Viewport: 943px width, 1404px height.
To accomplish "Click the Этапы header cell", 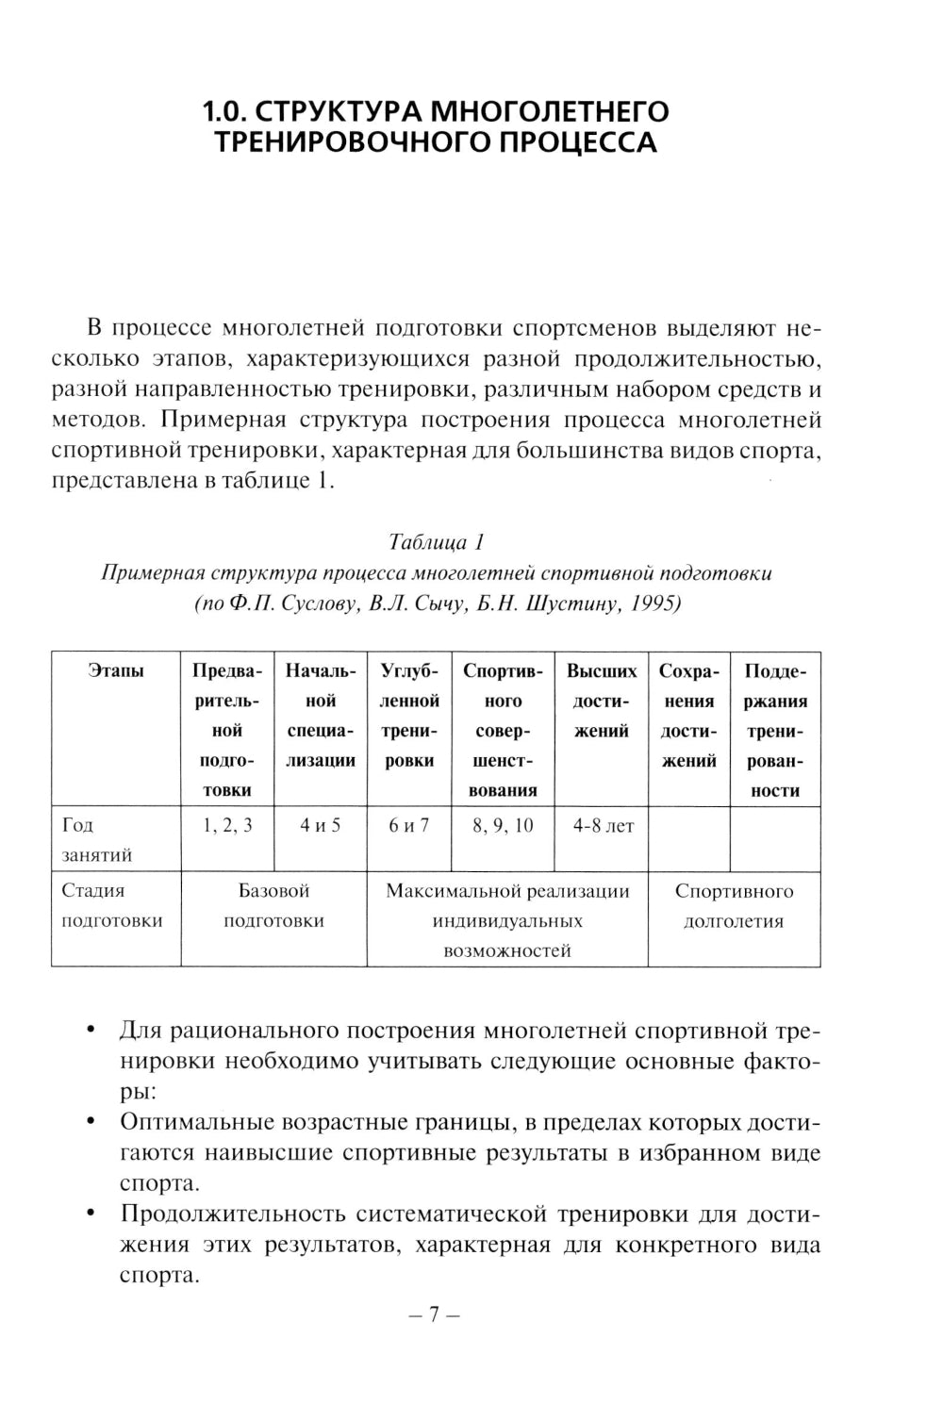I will click(x=116, y=671).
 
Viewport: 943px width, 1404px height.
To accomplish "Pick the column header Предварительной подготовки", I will click(x=227, y=731).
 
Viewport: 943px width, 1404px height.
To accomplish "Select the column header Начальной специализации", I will click(x=321, y=716).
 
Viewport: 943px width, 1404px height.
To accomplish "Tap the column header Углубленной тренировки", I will click(x=409, y=716).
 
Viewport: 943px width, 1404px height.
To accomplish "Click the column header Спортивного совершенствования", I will click(x=503, y=731).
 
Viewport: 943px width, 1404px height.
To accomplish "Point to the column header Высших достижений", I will click(x=601, y=701).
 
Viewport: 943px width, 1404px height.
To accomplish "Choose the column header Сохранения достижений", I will click(x=689, y=716).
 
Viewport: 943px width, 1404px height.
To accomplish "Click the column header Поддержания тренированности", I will click(x=775, y=731).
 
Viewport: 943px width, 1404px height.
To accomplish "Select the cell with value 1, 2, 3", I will click(x=227, y=826).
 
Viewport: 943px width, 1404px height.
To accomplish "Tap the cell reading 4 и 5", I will click(x=321, y=826).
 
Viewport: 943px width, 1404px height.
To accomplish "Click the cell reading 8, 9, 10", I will click(x=503, y=826).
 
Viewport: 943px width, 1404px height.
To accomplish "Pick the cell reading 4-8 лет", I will click(x=603, y=826).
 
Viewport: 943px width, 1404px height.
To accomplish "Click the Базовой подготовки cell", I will click(x=273, y=906).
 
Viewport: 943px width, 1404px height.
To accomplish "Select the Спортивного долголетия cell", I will click(x=734, y=906).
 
